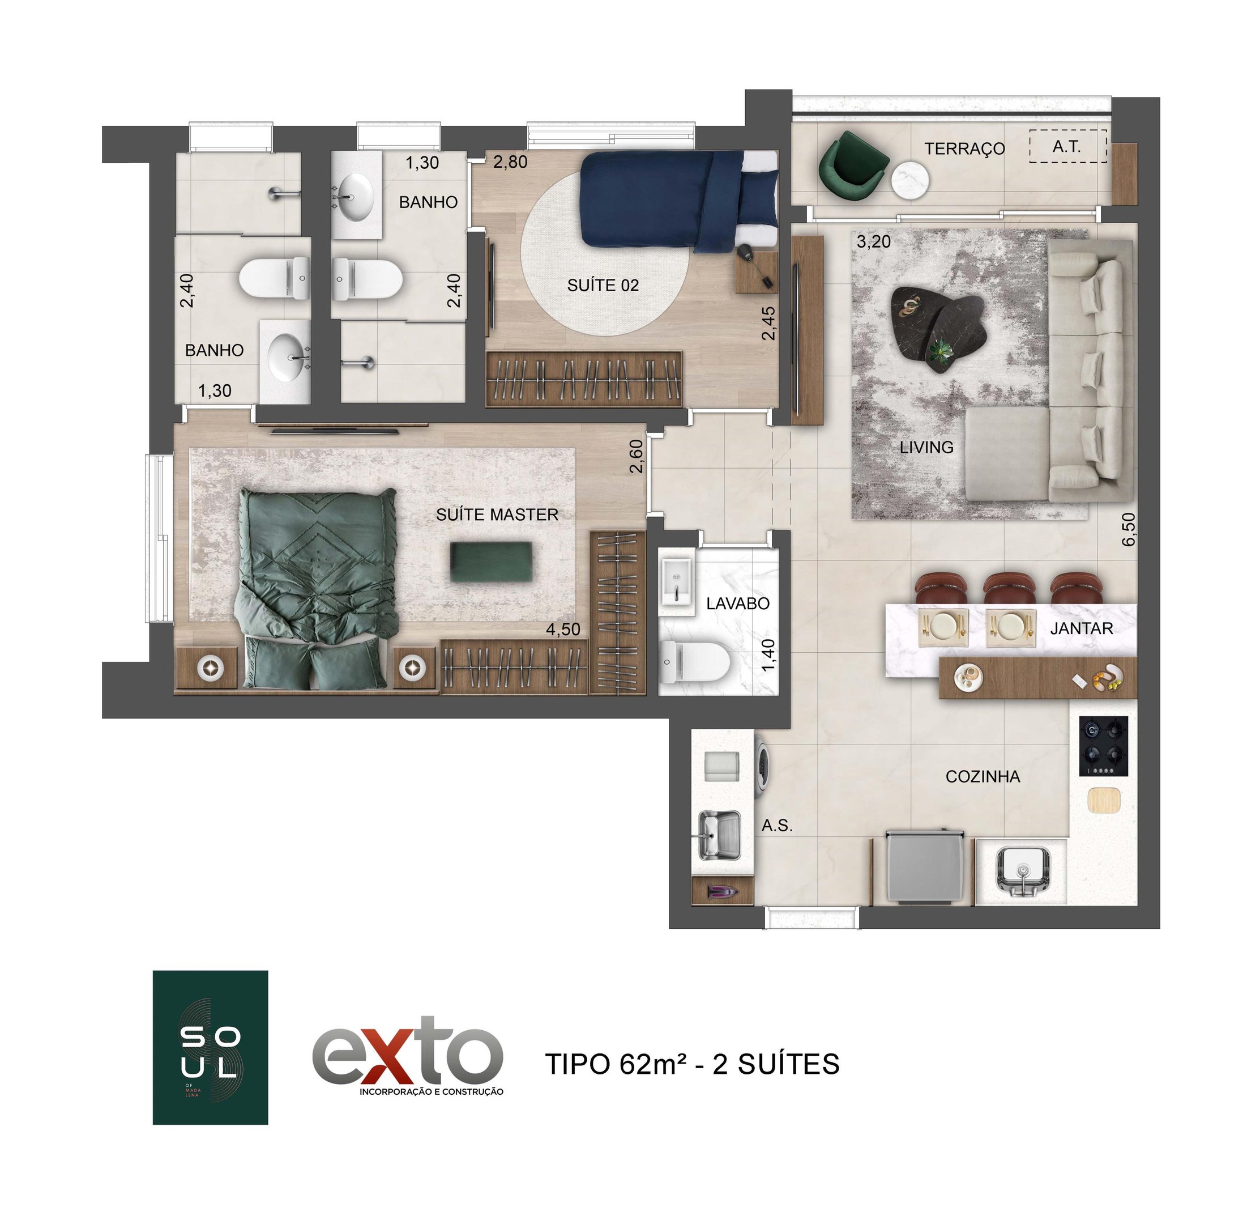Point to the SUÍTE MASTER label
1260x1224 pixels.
[x=497, y=515]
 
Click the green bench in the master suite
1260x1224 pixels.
[x=492, y=562]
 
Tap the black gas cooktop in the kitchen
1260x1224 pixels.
[x=1103, y=746]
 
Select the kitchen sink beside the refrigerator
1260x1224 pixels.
[x=1023, y=872]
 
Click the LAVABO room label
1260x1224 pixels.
[x=737, y=603]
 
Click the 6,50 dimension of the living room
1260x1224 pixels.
[x=1128, y=529]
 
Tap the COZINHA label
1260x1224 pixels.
[x=983, y=777]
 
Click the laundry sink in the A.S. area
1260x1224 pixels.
[x=719, y=834]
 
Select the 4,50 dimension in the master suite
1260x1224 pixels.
[x=562, y=630]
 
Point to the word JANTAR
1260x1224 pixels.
[x=1081, y=628]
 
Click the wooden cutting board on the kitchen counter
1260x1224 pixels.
[x=1104, y=800]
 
